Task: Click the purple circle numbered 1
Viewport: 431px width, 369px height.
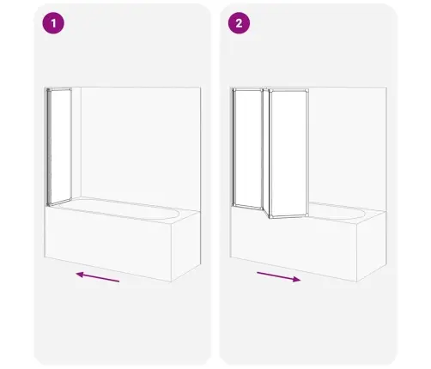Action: pyautogui.click(x=53, y=23)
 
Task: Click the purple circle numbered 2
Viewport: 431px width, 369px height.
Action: pyautogui.click(x=239, y=23)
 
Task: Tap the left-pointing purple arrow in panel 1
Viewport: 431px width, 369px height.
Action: pyautogui.click(x=98, y=277)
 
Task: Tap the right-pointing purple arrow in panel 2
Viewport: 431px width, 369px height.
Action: pyautogui.click(x=279, y=277)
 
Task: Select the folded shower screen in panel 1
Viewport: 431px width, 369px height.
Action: pyautogui.click(x=59, y=147)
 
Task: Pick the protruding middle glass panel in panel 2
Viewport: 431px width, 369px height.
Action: pyautogui.click(x=288, y=154)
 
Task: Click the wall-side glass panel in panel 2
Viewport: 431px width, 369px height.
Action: pyautogui.click(x=248, y=148)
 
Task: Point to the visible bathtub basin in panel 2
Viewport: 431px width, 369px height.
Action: pyautogui.click(x=337, y=211)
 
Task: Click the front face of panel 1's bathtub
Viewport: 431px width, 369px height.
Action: pyautogui.click(x=108, y=244)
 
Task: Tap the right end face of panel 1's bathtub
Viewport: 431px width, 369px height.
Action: pyautogui.click(x=186, y=246)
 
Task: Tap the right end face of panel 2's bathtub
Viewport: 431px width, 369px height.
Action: pyautogui.click(x=372, y=246)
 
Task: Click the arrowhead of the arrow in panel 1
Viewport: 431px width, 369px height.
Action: pyautogui.click(x=80, y=275)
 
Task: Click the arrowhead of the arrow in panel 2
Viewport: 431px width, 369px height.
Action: pyautogui.click(x=297, y=279)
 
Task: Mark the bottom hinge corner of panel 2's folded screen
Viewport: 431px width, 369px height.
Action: pyautogui.click(x=270, y=218)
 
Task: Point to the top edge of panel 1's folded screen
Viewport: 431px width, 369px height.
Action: pyautogui.click(x=59, y=89)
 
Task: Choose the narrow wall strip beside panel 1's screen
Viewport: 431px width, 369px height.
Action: pyautogui.click(x=76, y=143)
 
